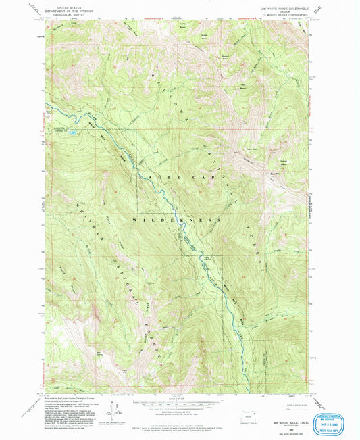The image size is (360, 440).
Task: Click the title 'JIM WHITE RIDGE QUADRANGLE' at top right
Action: point(284,6)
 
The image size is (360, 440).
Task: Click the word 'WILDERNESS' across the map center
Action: point(180,220)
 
